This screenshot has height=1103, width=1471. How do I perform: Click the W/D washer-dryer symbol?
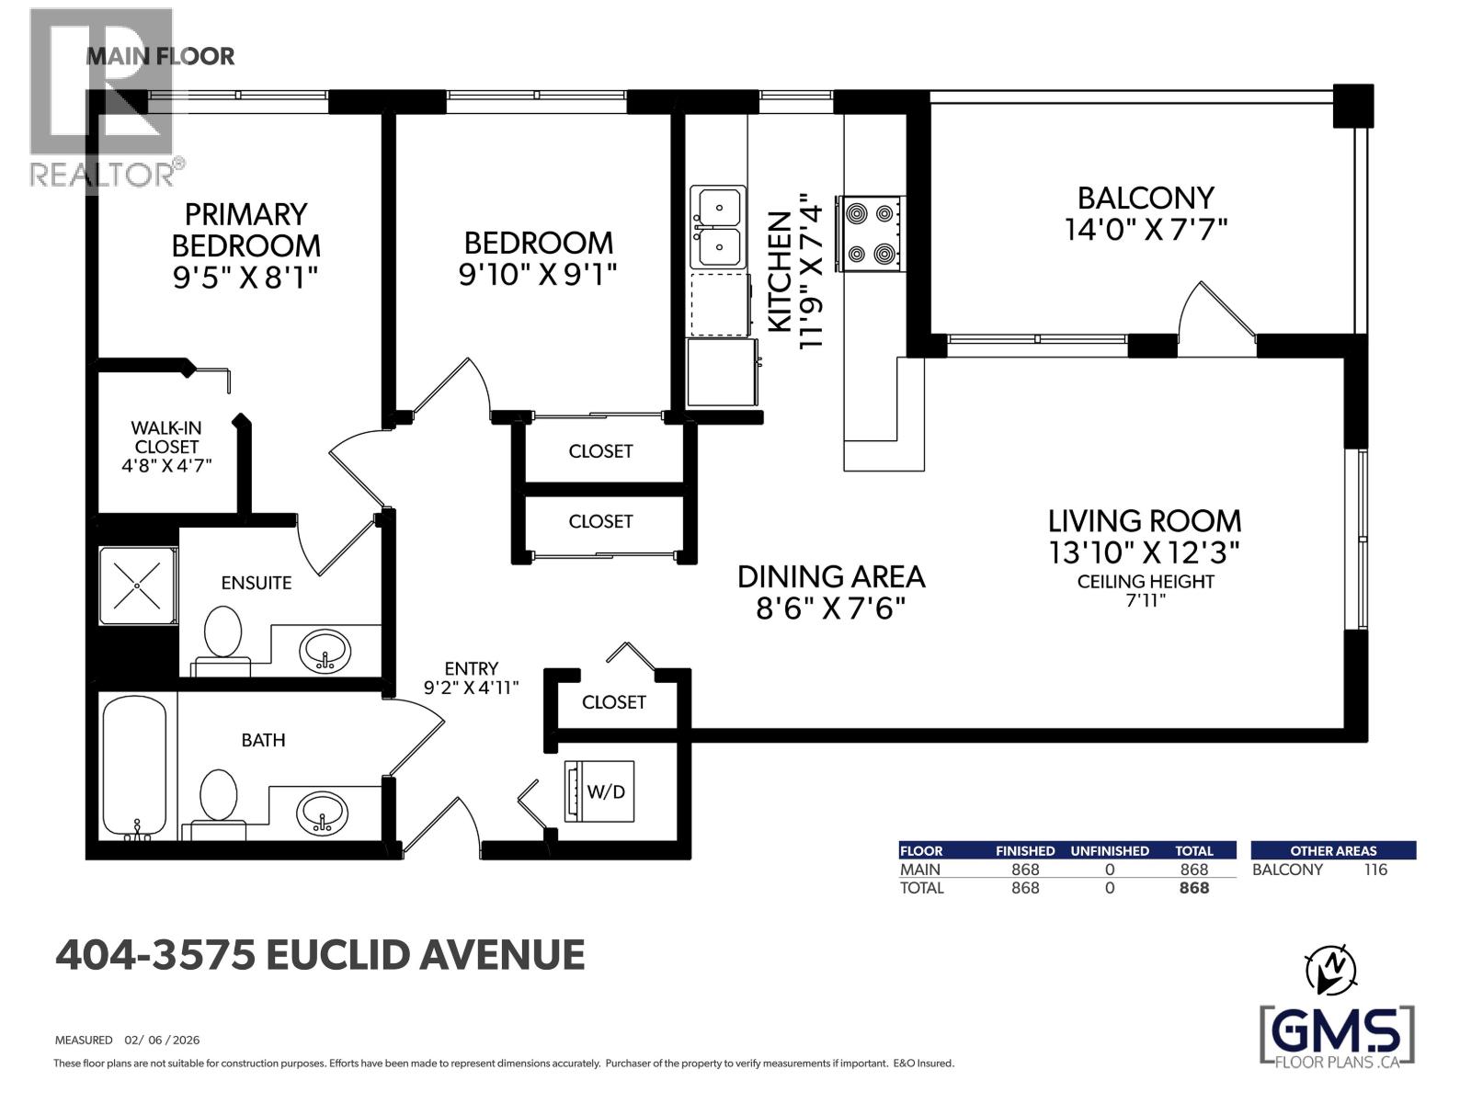click(599, 790)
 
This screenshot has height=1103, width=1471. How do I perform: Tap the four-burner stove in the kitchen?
click(870, 233)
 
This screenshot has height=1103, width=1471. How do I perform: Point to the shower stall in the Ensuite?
click(137, 586)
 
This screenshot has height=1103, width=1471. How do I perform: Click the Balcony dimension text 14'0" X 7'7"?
click(1146, 230)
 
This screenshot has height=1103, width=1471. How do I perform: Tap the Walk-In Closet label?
click(166, 438)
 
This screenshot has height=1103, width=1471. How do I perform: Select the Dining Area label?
click(831, 576)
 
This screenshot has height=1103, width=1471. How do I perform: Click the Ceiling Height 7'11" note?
click(1146, 591)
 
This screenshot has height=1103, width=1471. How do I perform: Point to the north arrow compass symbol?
click(1330, 973)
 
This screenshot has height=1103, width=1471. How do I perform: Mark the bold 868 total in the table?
click(1193, 888)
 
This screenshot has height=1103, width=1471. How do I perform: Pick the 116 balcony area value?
click(1375, 870)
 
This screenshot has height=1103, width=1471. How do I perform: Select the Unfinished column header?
click(1110, 850)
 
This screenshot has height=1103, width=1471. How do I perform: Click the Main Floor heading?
click(160, 56)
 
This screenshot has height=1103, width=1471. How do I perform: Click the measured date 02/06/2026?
click(162, 1040)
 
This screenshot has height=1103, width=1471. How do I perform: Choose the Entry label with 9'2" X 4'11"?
click(471, 677)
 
